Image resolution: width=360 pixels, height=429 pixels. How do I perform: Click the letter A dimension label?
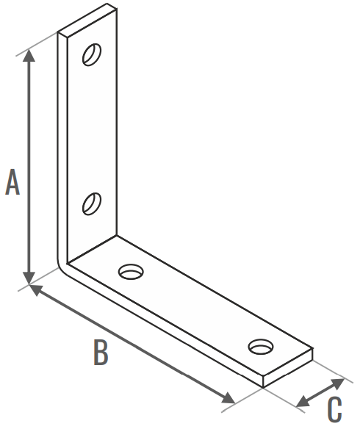12,182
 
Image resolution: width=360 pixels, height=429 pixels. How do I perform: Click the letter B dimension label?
101,352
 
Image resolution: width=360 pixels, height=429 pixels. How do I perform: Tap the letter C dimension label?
334,410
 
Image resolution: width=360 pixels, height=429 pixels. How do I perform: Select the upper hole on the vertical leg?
92,54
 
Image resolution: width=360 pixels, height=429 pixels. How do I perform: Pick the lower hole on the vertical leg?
92,203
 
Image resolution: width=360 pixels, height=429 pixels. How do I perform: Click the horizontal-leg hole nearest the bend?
131,272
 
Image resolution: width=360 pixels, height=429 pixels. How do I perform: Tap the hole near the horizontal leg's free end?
261,347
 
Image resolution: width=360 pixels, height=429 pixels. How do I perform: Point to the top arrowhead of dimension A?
29,55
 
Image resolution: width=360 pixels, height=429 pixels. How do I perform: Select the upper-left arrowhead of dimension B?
37,289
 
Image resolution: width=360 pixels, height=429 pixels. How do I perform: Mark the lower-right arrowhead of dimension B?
228,398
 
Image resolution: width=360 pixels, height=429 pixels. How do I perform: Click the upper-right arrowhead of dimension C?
337,383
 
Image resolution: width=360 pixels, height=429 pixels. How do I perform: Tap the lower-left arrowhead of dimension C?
303,402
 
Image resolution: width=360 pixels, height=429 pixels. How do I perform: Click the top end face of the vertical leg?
87,20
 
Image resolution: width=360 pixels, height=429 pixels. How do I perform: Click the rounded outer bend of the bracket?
61,265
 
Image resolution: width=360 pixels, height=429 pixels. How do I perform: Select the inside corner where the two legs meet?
68,264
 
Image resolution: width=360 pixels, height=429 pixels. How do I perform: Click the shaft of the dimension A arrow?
29,167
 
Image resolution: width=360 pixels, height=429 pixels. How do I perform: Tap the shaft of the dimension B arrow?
132,344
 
